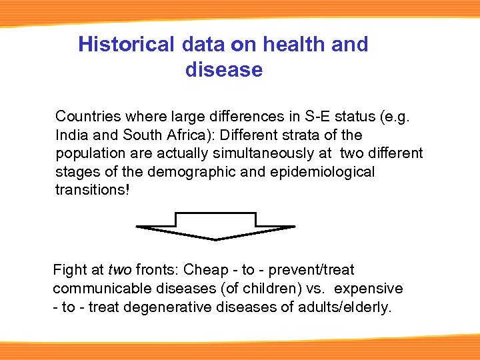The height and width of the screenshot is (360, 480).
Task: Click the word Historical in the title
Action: (125, 45)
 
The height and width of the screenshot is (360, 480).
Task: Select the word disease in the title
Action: (224, 69)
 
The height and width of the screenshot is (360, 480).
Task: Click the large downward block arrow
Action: (215, 226)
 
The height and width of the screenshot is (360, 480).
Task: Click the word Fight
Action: (69, 270)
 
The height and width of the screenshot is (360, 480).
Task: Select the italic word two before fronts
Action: (119, 270)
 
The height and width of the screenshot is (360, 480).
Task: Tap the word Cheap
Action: (206, 270)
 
